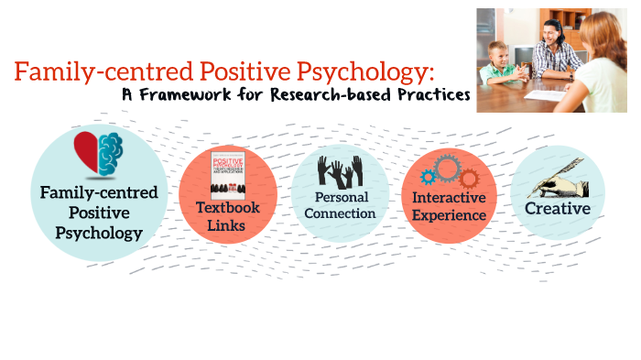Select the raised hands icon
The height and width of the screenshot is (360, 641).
pos(340,172)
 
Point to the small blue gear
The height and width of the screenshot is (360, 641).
pos(425,173)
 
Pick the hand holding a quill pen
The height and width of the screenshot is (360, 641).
pos(557,179)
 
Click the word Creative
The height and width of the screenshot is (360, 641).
pos(557,208)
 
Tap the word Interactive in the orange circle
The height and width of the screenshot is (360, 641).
pos(449,197)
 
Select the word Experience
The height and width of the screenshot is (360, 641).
pos(449,215)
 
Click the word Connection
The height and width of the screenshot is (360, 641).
pos(340,213)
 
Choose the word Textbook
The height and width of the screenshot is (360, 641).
pos(227,207)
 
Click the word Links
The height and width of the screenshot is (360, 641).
pos(227,224)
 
